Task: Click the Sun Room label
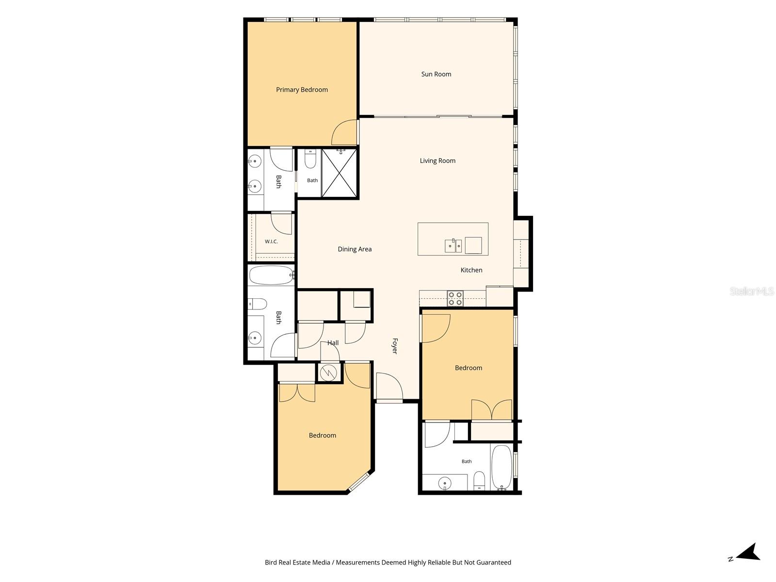436,74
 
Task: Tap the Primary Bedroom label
302,90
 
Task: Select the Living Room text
437,161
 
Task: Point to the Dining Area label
355,249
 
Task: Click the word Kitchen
471,270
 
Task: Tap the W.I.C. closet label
271,242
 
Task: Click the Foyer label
395,346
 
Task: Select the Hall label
333,342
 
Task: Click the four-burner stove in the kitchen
455,298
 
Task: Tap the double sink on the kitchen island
453,245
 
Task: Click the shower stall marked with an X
339,173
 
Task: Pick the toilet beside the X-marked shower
310,159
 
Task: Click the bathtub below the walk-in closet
271,275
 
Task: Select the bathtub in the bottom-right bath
501,467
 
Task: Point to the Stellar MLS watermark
752,291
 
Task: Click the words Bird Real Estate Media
297,562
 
